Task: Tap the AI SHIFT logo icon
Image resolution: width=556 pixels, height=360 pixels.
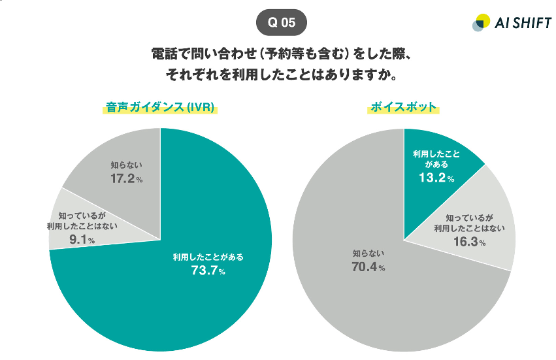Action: [x=480, y=22]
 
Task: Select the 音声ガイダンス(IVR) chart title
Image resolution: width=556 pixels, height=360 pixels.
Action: [x=159, y=107]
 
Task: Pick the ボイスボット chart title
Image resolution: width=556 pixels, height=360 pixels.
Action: [x=402, y=107]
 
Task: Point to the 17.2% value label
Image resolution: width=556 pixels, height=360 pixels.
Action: [x=126, y=178]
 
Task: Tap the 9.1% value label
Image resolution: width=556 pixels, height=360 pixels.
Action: [x=82, y=240]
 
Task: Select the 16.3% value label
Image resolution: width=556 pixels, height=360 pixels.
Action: [x=468, y=242]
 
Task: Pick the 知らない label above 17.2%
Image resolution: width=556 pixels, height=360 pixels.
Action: [x=126, y=165]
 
